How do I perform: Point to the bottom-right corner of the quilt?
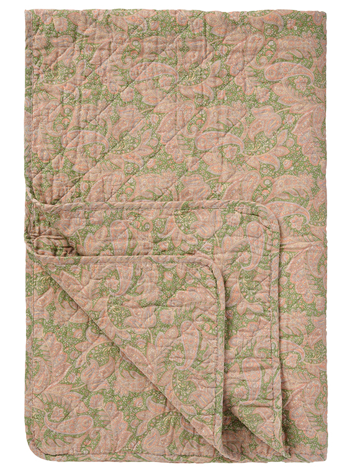click(323, 458)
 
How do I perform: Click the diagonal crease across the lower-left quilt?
click(124, 348)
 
